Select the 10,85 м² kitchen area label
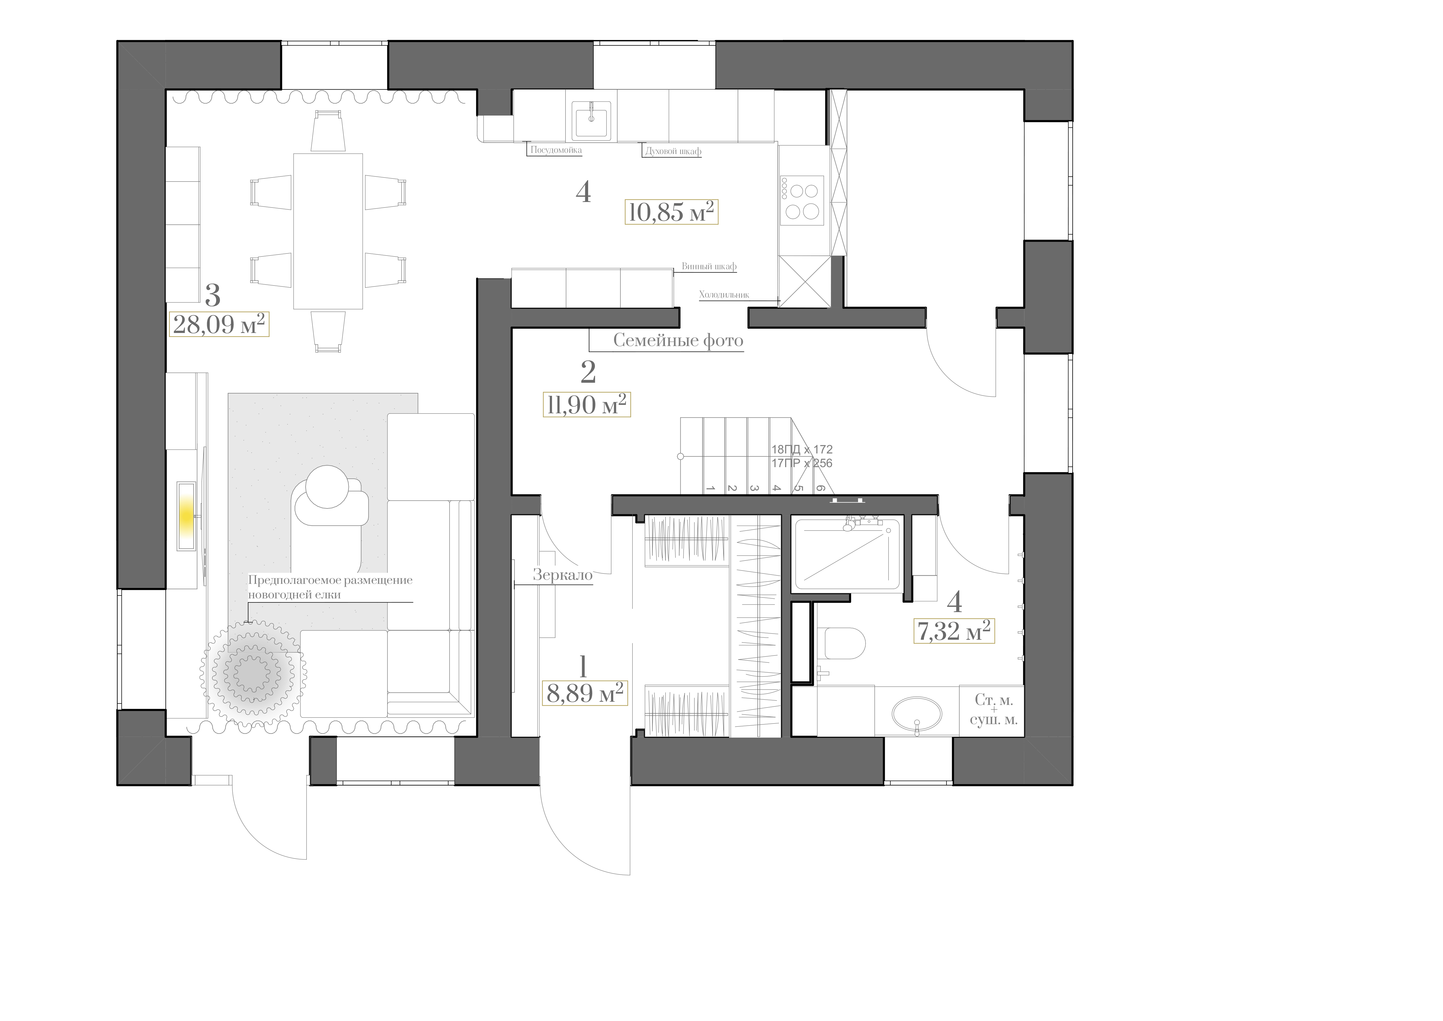[x=671, y=212]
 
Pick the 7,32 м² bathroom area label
[x=953, y=631]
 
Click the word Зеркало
[x=563, y=575]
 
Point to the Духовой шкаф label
[x=673, y=152]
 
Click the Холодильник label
[x=724, y=294]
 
